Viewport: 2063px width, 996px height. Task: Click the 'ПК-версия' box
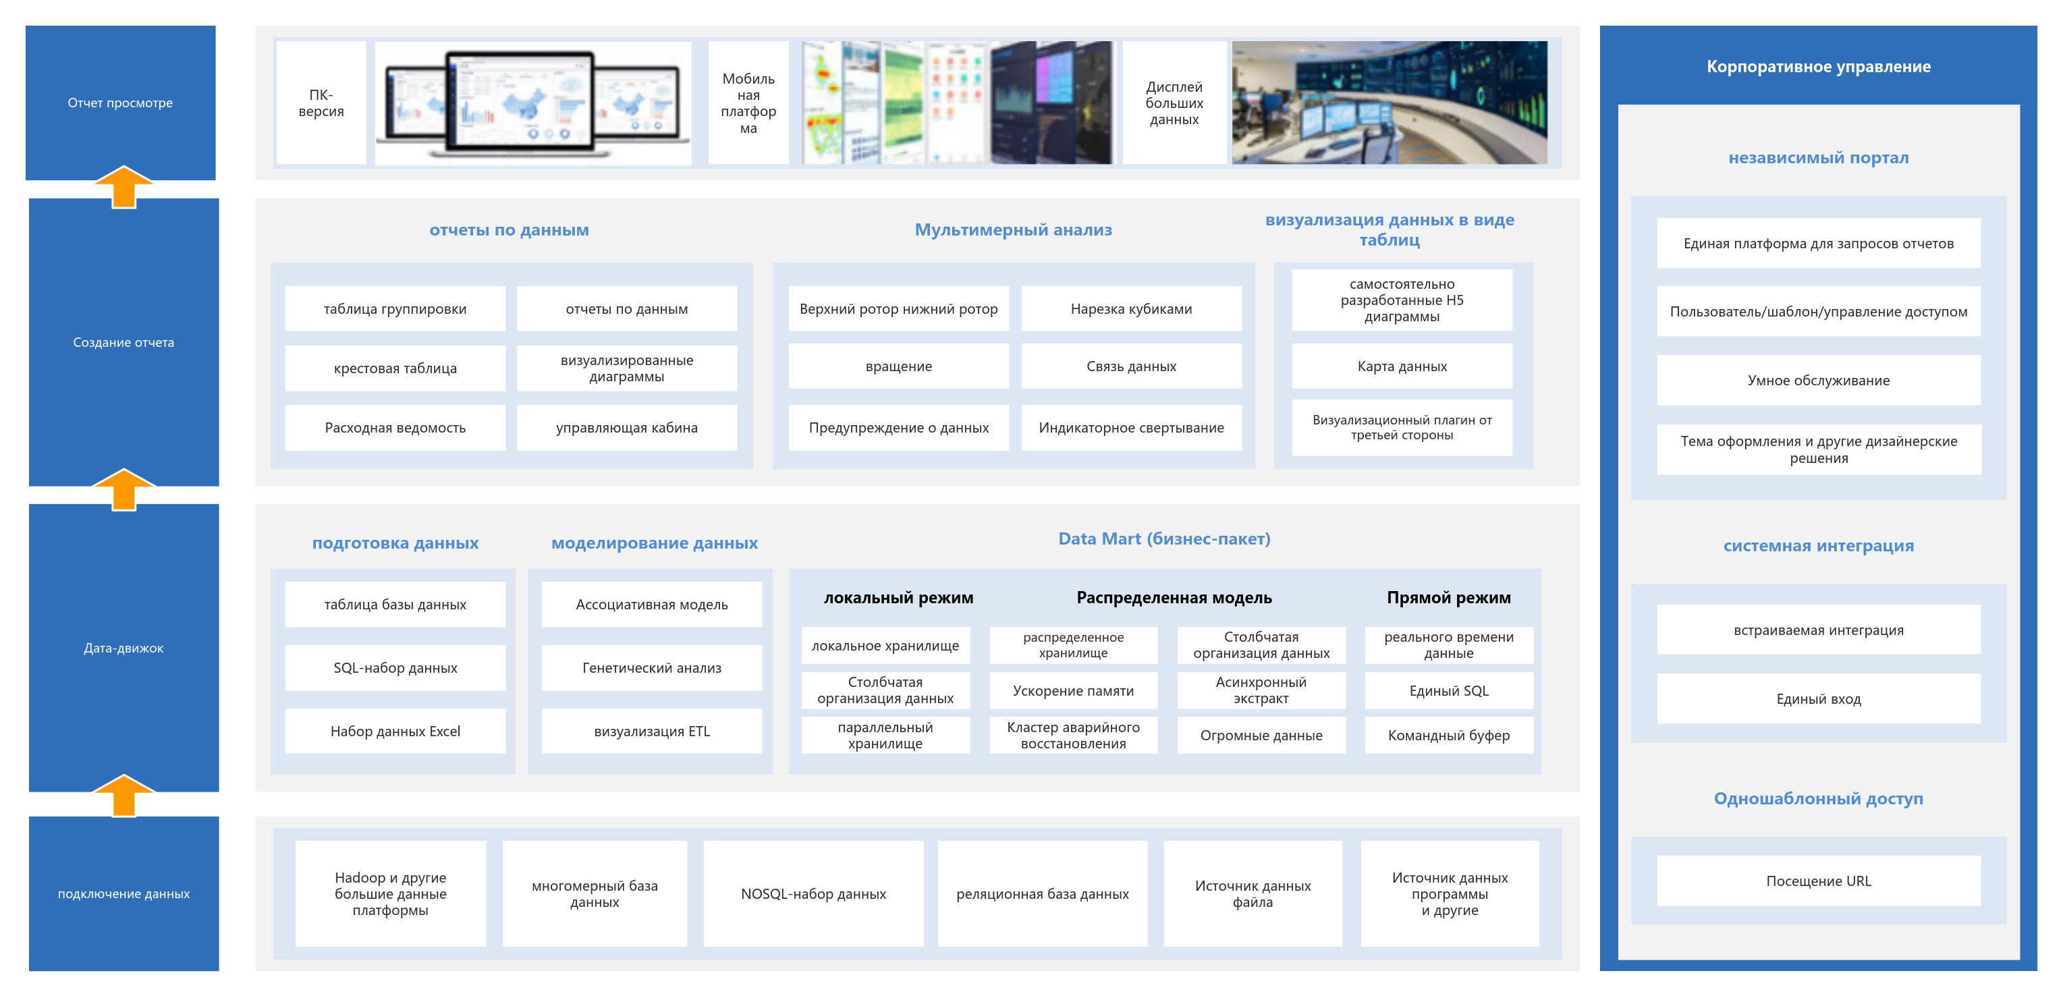[x=321, y=103]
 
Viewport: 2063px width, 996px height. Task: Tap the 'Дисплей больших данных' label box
[x=1174, y=103]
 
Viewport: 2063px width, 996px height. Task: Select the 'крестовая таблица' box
[x=395, y=368]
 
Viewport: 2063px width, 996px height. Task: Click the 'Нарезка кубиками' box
[x=1131, y=309]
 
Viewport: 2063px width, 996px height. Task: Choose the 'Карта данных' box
[x=1402, y=366]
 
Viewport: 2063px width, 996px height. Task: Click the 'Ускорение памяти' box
[x=1073, y=690]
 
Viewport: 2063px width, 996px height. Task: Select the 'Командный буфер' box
[x=1449, y=735]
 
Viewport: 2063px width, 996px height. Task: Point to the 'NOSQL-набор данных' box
[x=813, y=893]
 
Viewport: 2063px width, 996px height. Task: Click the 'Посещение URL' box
[x=1818, y=881]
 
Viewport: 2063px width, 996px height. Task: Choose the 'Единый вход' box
[x=1818, y=699]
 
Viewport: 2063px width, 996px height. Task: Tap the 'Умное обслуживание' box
[x=1818, y=381]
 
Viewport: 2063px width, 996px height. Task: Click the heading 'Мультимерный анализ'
[x=1013, y=230]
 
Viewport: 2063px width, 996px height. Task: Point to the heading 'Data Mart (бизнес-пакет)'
[x=1164, y=539]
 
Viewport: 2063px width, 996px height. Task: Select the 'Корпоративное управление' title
[x=1818, y=66]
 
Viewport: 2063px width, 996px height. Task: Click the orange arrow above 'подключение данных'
[x=124, y=795]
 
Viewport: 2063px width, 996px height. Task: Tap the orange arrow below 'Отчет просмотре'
[x=124, y=186]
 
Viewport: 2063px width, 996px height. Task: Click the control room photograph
[x=1390, y=103]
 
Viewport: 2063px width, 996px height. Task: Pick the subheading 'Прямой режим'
[x=1449, y=597]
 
